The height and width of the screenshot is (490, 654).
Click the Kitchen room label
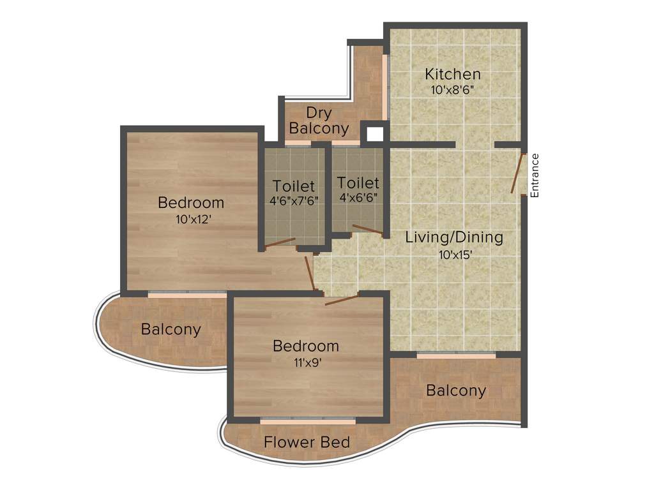pos(453,74)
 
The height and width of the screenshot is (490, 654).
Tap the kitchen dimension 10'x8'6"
pos(453,90)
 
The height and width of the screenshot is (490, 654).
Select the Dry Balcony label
pos(319,121)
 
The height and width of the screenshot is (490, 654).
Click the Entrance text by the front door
pos(535,175)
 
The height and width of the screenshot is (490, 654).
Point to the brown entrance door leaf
pos(518,173)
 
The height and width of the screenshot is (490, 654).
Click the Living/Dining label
pos(454,237)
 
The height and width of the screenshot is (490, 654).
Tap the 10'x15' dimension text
pos(454,254)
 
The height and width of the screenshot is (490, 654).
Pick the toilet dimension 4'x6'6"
pos(358,198)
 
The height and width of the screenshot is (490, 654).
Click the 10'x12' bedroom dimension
pos(191,219)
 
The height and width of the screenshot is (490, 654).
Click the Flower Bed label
pos(307,442)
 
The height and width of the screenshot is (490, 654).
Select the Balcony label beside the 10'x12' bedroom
pos(171,330)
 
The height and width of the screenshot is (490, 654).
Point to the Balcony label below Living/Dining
pos(456,390)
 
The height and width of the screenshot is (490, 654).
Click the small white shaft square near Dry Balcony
pos(375,134)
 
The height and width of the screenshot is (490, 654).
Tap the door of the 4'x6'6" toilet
pos(368,230)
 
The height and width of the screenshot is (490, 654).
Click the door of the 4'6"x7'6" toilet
pos(280,242)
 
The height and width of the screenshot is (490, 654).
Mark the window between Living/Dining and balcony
pos(456,355)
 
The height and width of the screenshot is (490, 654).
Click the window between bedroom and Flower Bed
pos(307,421)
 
